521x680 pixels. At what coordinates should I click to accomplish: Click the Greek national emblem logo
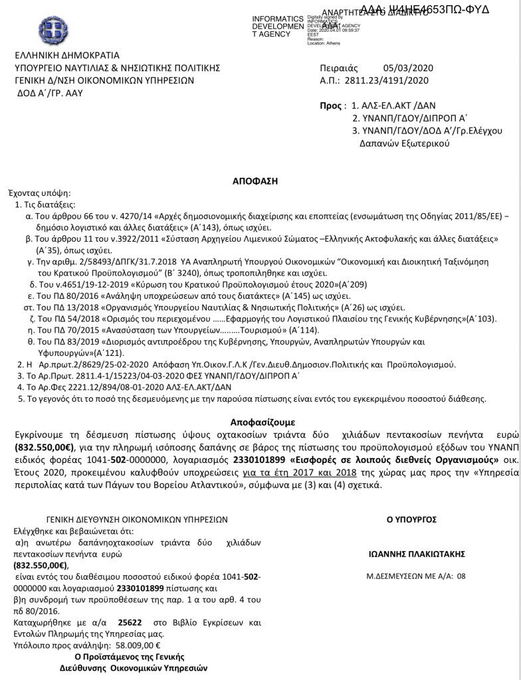point(52,30)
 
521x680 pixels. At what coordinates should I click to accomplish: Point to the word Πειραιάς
point(339,68)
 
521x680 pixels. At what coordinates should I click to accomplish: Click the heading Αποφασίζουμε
point(262,422)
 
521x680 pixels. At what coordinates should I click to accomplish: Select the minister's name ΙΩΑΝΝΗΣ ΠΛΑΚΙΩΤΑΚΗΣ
point(416,553)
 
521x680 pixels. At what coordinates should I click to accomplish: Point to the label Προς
point(332,106)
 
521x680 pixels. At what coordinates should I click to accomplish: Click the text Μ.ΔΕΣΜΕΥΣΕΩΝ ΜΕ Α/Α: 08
point(416,576)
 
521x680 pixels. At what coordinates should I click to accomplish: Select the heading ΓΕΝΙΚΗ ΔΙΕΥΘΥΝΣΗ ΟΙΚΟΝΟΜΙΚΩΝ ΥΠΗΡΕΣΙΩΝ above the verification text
point(138,520)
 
